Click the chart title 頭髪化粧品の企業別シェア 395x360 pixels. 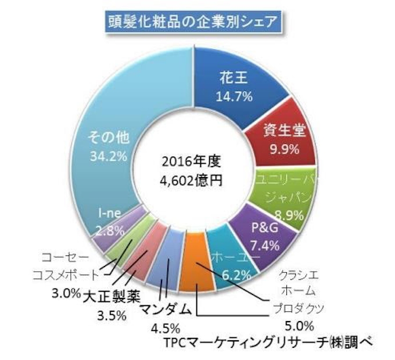(197, 23)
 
